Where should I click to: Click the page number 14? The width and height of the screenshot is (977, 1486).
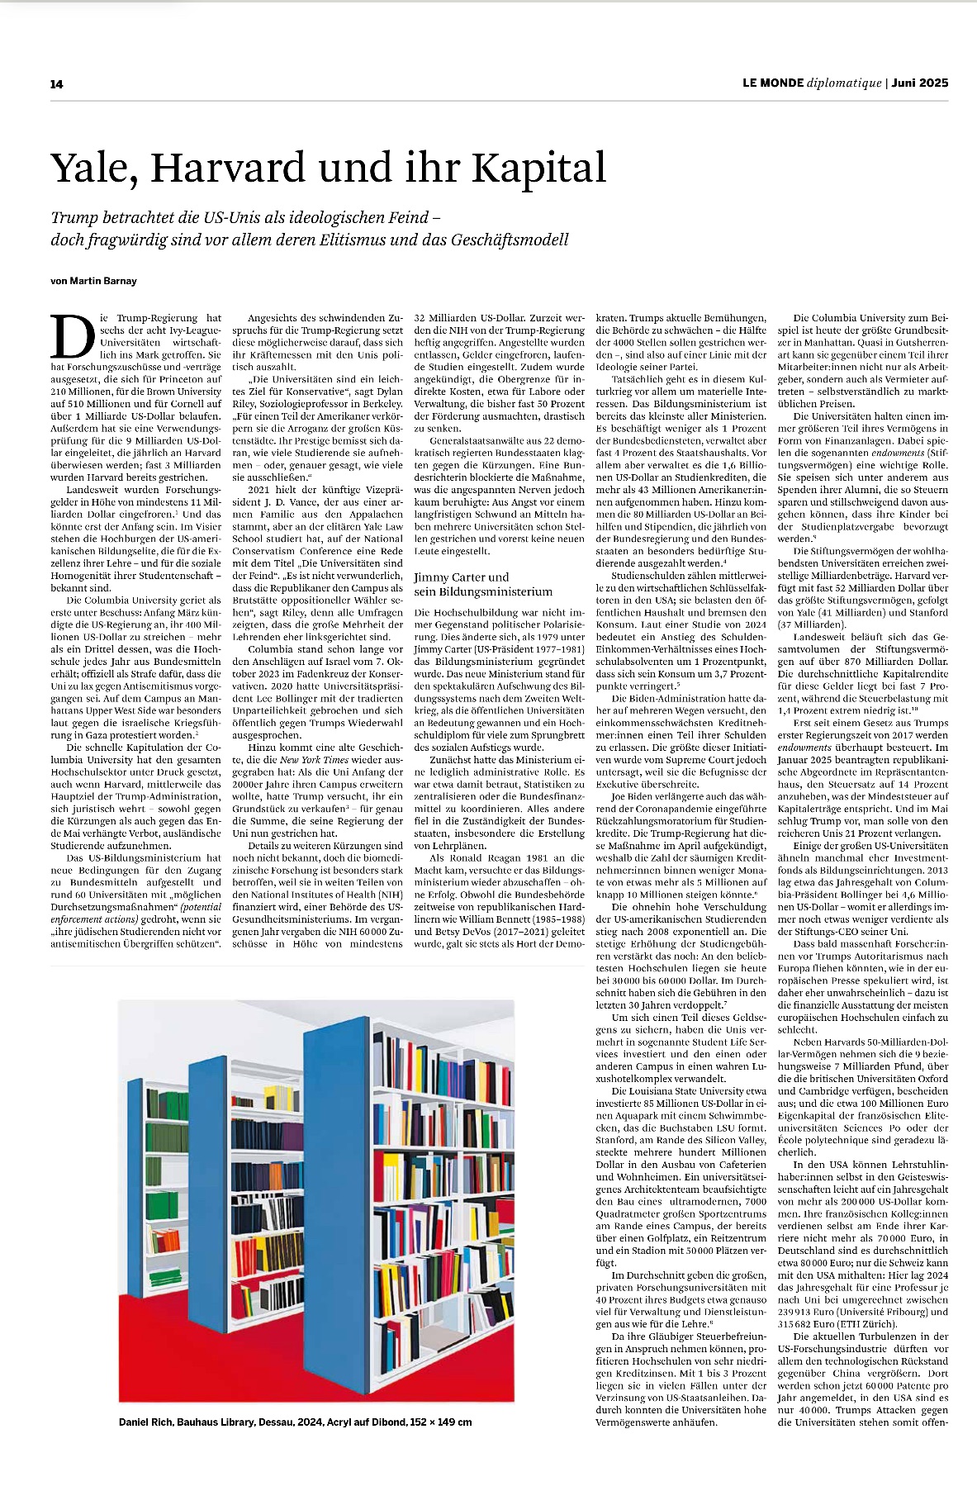tap(56, 83)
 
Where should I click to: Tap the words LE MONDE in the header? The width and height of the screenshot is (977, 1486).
tap(772, 83)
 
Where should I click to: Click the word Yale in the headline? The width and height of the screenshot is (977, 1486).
tap(91, 169)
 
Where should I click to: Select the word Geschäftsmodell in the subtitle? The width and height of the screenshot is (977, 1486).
tap(510, 240)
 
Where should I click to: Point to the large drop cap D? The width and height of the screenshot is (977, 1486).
tap(73, 336)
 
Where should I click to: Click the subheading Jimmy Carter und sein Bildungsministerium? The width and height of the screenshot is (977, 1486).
tap(483, 584)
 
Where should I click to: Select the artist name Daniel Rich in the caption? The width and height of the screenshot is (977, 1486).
tap(145, 1422)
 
